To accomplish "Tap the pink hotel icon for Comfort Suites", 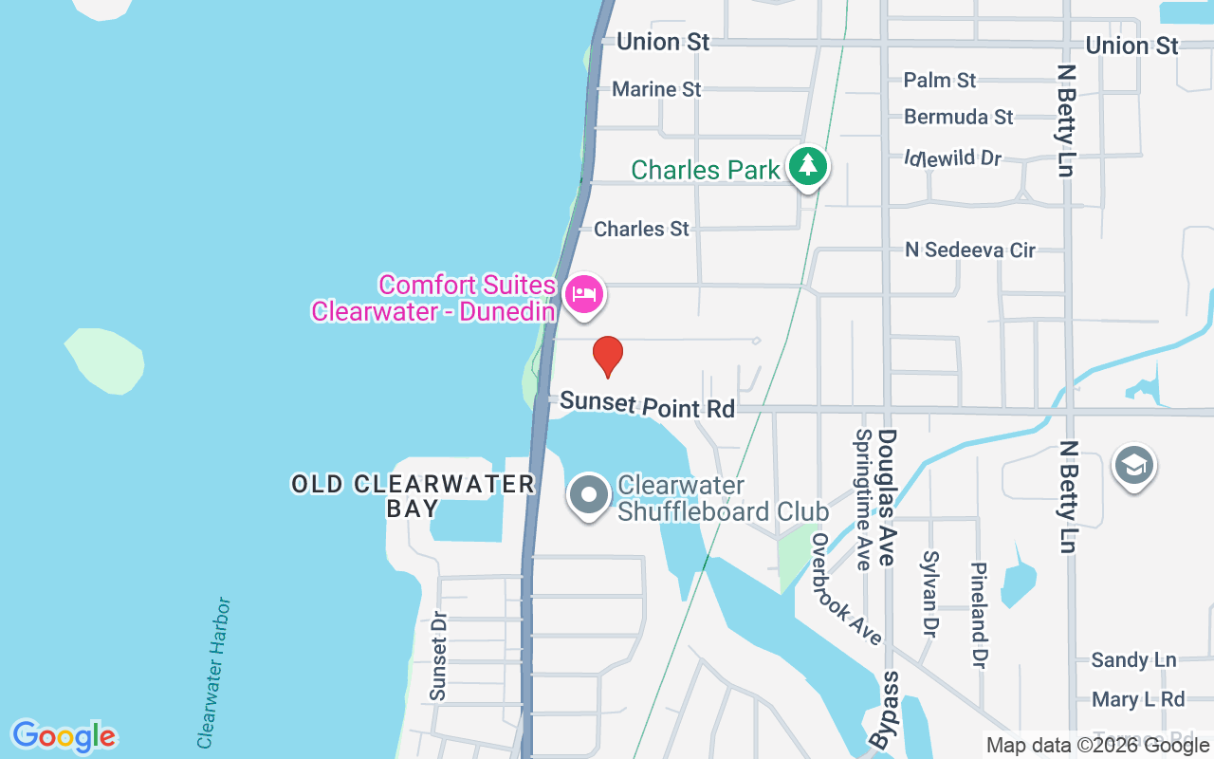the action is pos(584,293).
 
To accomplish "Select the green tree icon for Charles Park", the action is pos(807,166).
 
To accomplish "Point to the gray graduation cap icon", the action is pos(1133,466).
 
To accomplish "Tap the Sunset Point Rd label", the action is pos(647,404).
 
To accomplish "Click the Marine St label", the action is pos(656,89).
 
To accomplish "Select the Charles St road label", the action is pos(641,229).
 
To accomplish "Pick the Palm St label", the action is pos(939,80).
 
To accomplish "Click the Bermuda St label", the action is pos(959,117).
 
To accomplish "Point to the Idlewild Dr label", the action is pos(952,157).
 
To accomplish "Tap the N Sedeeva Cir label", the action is pos(970,250).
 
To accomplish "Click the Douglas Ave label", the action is pos(887,497).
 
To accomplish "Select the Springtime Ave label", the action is pos(863,500).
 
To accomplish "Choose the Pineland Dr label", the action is pos(979,614).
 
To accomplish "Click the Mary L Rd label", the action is pos(1138,699).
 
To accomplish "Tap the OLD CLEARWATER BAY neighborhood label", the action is pos(413,495).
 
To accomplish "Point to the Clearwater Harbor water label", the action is pos(213,673).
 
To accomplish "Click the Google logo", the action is pos(64,736).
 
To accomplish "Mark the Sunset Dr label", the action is pos(438,655).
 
